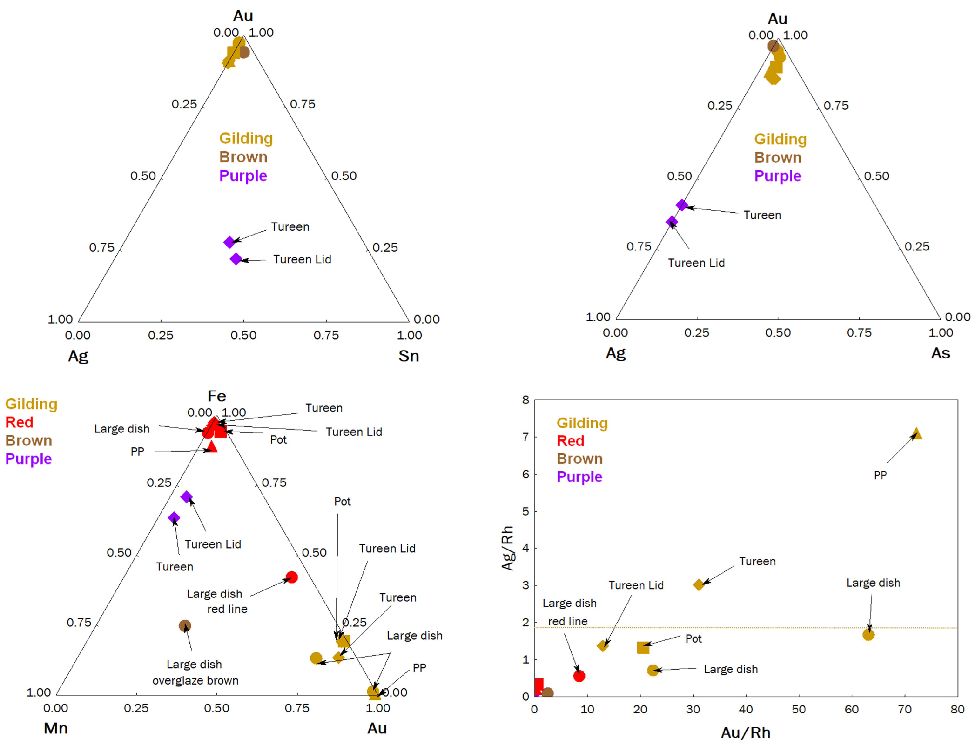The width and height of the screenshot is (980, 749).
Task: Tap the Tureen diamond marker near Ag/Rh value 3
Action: (x=698, y=584)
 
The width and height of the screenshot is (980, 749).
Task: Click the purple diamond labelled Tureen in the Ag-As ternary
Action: (x=681, y=205)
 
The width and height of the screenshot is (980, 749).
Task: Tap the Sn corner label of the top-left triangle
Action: (x=408, y=356)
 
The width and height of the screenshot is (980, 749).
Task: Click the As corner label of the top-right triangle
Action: (x=940, y=353)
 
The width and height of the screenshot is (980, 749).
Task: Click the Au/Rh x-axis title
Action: (x=746, y=732)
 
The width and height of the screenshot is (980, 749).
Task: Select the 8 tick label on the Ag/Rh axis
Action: (x=526, y=400)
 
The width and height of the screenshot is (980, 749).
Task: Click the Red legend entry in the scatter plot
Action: (x=570, y=441)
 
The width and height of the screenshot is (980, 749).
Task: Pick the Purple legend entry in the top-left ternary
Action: (x=243, y=176)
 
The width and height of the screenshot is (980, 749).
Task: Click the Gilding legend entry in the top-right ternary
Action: (x=780, y=139)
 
